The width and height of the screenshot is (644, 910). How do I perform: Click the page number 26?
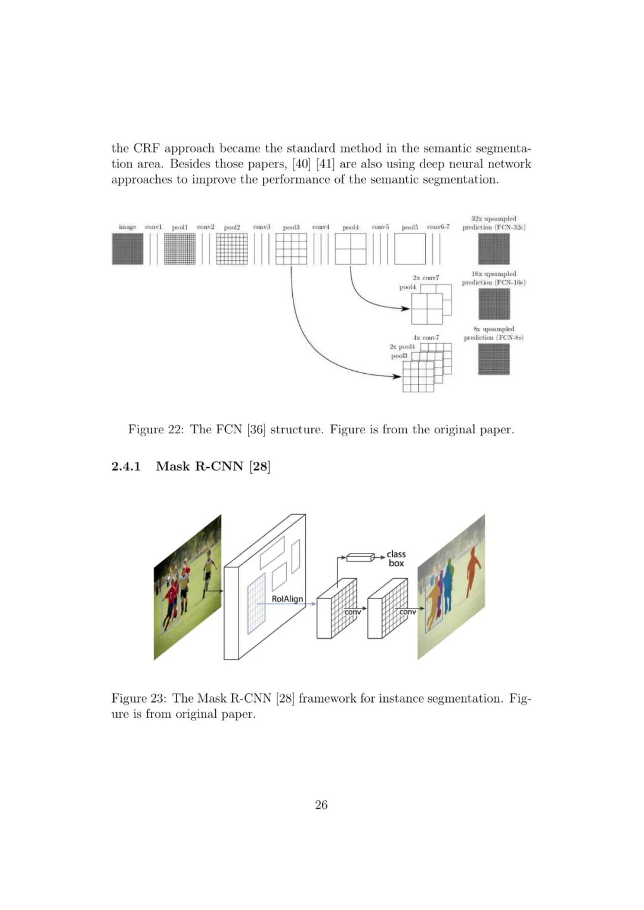tap(321, 805)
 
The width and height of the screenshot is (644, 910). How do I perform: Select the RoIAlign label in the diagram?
tap(287, 599)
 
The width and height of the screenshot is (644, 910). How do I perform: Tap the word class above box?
tap(396, 554)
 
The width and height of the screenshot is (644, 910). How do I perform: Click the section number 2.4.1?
tap(126, 466)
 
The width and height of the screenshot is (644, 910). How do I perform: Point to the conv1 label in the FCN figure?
tap(153, 227)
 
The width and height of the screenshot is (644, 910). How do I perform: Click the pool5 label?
tap(410, 227)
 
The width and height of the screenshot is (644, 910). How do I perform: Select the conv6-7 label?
tap(438, 227)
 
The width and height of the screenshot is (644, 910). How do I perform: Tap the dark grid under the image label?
tap(128, 249)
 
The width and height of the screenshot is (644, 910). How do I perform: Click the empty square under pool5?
tap(410, 249)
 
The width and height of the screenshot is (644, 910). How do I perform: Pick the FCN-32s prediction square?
tap(494, 249)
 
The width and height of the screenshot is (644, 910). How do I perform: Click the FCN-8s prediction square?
tap(494, 359)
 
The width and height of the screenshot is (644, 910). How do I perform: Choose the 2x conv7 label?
tap(426, 278)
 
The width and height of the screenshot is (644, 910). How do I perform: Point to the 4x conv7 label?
tap(426, 337)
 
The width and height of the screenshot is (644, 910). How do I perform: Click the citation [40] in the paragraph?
tap(302, 164)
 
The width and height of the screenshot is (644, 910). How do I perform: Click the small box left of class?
tap(360, 558)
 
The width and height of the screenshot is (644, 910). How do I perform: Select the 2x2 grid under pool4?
tap(351, 249)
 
